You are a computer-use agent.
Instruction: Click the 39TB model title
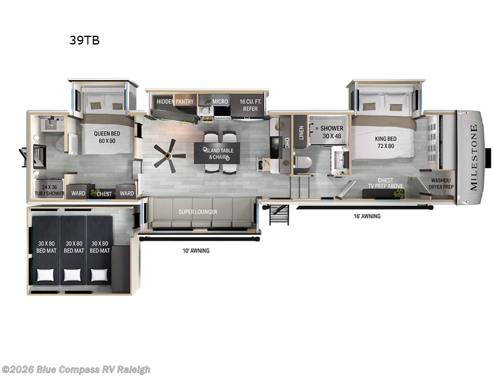click(x=84, y=41)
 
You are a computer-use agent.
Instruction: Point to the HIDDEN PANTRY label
click(x=175, y=102)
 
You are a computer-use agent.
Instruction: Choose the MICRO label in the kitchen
click(x=220, y=102)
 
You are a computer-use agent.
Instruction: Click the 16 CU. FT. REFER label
click(x=250, y=105)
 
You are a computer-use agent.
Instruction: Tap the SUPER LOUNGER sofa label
click(x=198, y=212)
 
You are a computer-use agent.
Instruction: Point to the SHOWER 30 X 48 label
click(x=333, y=132)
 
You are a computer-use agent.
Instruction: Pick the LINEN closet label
click(x=301, y=132)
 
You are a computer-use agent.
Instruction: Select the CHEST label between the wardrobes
click(x=104, y=194)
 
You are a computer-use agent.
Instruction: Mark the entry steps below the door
click(x=279, y=214)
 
